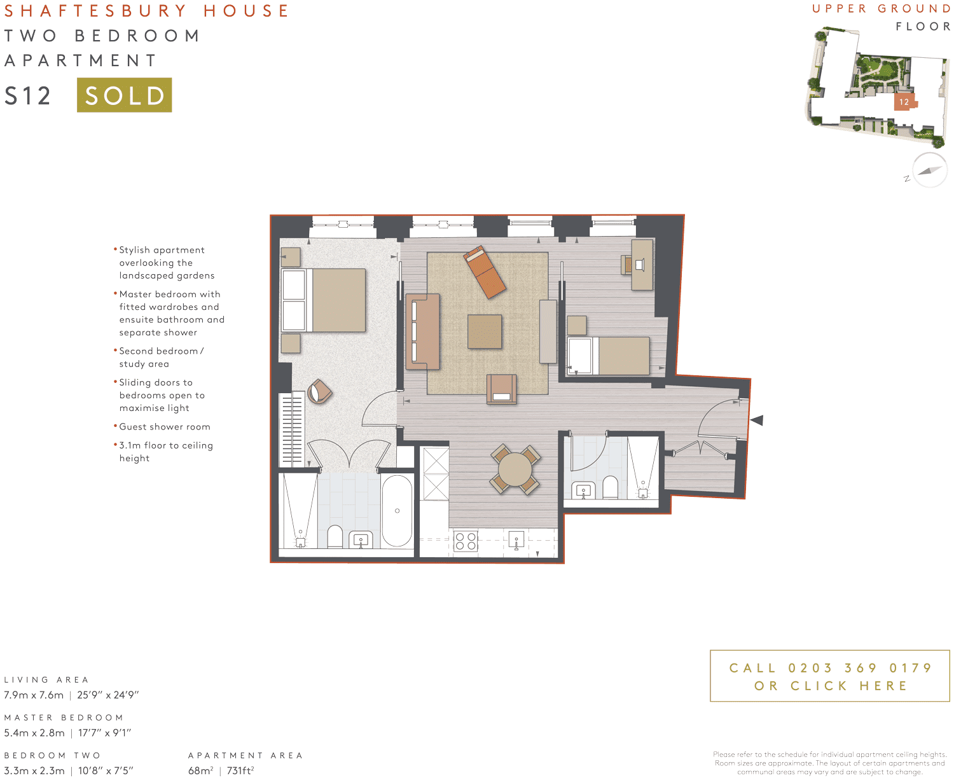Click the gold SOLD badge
point(124,95)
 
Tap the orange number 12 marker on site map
point(904,102)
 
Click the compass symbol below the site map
point(929,170)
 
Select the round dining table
point(515,470)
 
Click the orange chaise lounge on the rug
point(485,272)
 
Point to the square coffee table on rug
point(485,331)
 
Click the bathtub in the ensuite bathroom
point(397,511)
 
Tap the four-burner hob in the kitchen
point(466,541)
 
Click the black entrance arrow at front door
point(756,420)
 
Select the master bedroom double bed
point(324,300)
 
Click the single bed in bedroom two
point(609,356)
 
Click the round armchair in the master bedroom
point(319,392)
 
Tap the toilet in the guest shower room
point(610,487)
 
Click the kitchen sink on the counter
point(516,541)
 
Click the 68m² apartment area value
point(201,770)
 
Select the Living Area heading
point(46,679)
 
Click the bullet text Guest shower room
point(165,427)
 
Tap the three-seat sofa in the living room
point(422,331)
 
